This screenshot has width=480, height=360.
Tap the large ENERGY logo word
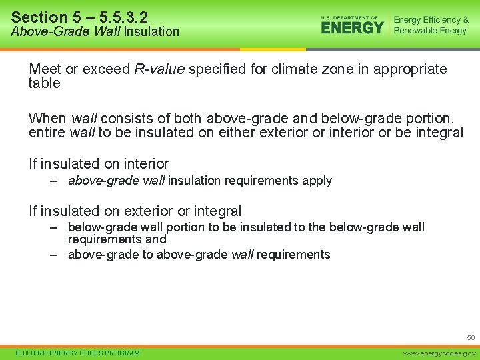(353, 27)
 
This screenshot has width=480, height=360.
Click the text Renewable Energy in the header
(431, 31)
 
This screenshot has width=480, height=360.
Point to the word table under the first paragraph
(44, 83)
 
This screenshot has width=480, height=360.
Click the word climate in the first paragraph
(303, 69)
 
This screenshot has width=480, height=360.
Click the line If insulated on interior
(99, 163)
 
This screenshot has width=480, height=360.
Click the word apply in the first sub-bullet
(317, 181)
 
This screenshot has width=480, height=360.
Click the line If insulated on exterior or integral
(135, 211)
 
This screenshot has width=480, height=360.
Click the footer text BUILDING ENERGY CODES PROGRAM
(78, 353)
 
